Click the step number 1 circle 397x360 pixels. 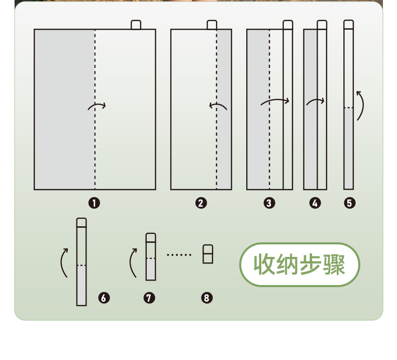pos(94,203)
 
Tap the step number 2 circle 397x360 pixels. pos(201,203)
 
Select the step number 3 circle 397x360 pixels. pos(269,203)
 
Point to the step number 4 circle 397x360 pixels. pos(315,203)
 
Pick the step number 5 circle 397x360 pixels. pos(350,203)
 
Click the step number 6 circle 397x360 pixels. pos(104,298)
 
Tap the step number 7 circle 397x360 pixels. pos(149,298)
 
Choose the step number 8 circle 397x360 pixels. pos(208,298)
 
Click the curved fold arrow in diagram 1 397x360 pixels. pos(96,106)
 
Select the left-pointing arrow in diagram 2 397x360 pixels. pos(218,106)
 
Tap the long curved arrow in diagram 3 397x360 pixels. pos(275,102)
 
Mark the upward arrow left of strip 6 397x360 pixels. pos(64,262)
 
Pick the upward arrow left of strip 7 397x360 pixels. pos(133,262)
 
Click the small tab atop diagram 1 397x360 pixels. pos(136,25)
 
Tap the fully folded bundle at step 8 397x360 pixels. pos(208,254)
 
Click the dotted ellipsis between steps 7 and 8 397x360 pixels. pos(179,255)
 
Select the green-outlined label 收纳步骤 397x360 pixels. pos(300,264)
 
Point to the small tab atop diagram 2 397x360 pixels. pos(212,25)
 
